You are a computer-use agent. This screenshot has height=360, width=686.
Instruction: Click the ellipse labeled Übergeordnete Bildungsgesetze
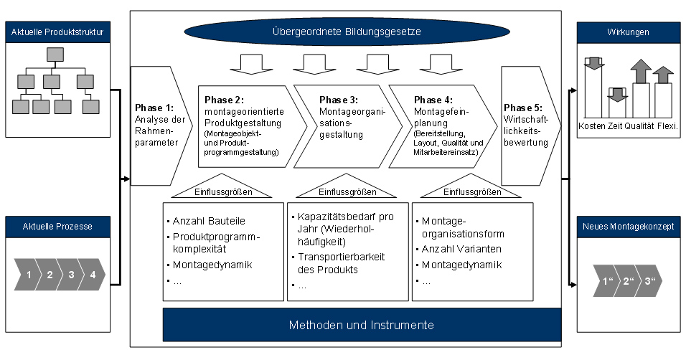coord(347,32)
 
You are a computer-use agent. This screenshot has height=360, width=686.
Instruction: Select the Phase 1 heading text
coord(154,108)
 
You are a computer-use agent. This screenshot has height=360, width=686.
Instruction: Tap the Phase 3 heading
coord(339,100)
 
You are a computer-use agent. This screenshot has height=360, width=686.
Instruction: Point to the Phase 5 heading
coord(523,108)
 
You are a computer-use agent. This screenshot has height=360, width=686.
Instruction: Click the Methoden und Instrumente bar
coord(362,325)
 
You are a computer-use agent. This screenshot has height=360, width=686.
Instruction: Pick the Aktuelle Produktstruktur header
coord(57,32)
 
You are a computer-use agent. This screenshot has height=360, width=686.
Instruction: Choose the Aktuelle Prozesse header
coord(57,227)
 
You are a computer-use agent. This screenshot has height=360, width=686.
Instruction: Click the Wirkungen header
coord(629,32)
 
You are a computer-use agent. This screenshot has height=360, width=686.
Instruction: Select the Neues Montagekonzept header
coord(629,227)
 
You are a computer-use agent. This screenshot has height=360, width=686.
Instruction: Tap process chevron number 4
coord(93,275)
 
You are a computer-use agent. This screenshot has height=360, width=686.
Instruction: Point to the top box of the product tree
coord(55,55)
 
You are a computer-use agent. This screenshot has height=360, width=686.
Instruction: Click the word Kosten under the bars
coord(592,126)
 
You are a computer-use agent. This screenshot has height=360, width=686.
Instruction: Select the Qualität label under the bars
coord(639,126)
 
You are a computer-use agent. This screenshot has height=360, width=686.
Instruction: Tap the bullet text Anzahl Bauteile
coord(209,221)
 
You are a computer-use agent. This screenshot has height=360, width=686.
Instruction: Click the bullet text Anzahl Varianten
coord(461,249)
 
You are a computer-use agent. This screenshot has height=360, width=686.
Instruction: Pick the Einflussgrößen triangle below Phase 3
coord(347,186)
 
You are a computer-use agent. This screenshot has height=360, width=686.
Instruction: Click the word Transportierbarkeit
coord(342,257)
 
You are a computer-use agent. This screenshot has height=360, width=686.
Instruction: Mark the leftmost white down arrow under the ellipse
coord(252,65)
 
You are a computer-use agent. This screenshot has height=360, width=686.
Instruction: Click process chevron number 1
coord(27,275)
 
